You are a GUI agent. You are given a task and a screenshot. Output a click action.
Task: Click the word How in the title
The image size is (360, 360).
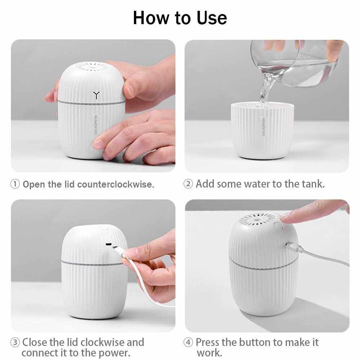(x=151, y=18)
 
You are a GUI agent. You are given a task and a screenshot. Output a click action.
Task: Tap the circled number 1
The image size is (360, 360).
(x=15, y=184)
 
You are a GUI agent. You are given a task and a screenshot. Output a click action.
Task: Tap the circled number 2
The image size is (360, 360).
(x=188, y=184)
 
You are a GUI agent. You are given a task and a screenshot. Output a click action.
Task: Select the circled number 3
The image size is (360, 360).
(x=15, y=342)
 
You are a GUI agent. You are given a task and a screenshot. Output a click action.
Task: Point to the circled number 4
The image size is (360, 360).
(x=188, y=342)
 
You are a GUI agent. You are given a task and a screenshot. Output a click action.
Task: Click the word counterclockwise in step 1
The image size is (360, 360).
(x=116, y=184)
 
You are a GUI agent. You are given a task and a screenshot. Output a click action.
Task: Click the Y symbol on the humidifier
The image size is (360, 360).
(x=96, y=95)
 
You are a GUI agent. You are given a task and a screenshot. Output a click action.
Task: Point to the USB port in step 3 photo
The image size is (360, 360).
(x=108, y=244)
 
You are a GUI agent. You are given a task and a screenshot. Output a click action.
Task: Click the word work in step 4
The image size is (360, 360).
(x=209, y=353)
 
